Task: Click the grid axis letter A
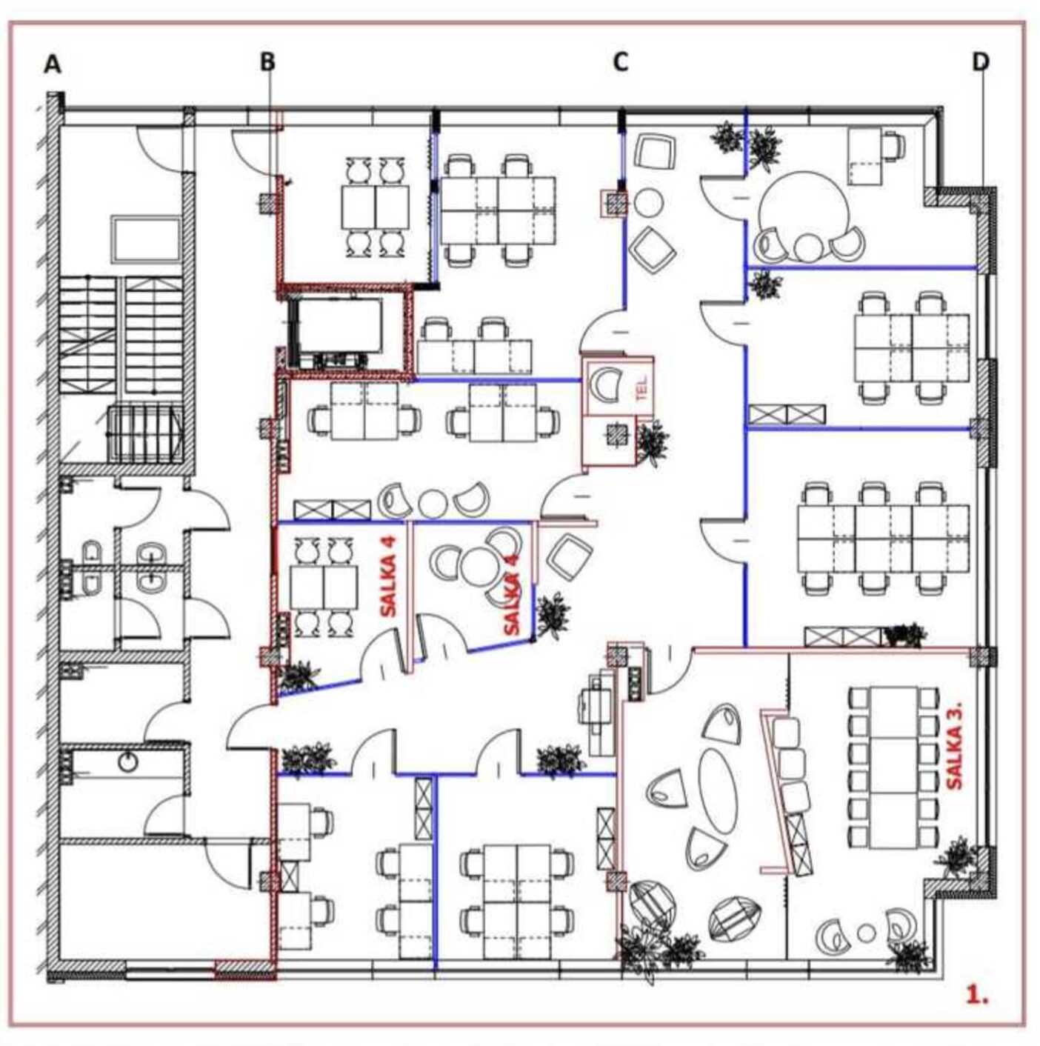coord(53,64)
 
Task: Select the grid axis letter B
coord(267,62)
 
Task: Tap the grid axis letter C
coord(621,62)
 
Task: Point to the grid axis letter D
coord(980,62)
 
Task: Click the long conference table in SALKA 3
coord(893,767)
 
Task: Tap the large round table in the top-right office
coord(804,209)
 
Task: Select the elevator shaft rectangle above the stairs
coord(146,239)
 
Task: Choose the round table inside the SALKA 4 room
coord(478,564)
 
